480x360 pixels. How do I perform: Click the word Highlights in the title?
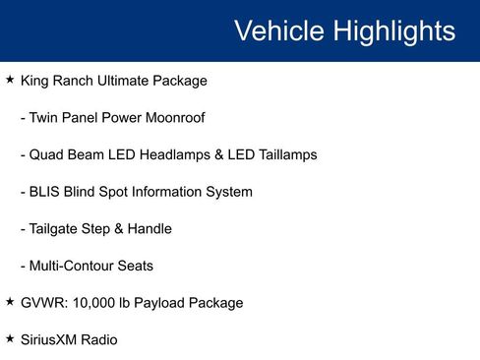point(393,30)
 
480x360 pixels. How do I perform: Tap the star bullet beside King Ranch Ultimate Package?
point(10,80)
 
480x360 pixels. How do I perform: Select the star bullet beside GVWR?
point(10,302)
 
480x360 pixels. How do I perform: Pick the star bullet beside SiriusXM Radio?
point(10,339)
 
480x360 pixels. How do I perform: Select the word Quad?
point(45,154)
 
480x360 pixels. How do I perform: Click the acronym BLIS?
point(45,192)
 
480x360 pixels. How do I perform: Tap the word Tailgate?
point(57,229)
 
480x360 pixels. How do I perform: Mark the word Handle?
point(150,229)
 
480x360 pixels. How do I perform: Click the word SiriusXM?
point(51,340)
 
